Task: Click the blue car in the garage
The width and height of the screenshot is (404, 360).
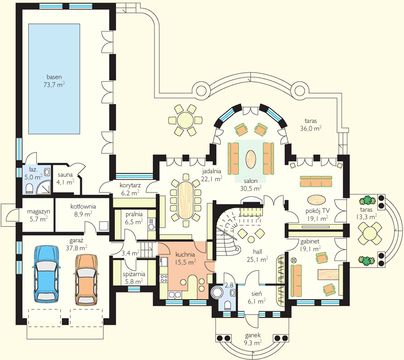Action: point(46,274)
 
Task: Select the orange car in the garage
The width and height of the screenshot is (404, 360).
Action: point(87,279)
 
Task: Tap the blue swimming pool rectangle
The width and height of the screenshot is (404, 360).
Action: point(54,79)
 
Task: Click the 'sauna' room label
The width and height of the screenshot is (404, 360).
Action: point(65,175)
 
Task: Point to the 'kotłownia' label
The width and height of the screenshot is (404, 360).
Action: point(83,206)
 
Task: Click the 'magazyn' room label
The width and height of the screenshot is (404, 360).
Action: point(38,212)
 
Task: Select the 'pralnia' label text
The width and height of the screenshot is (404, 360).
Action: point(134,215)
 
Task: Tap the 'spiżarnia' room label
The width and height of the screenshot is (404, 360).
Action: point(134,274)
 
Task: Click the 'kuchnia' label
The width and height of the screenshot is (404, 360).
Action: point(185,255)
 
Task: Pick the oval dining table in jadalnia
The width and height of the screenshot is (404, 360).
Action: point(185,201)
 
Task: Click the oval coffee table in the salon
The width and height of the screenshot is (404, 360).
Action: point(251,159)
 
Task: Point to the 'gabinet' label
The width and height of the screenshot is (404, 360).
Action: point(310,242)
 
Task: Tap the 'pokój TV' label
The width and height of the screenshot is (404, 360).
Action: point(317,211)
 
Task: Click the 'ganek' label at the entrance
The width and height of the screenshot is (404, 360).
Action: point(253,335)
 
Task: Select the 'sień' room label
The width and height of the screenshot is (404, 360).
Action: point(257,294)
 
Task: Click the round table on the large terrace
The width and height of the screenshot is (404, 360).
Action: point(185,120)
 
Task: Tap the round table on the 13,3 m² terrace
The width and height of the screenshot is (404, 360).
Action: point(370,234)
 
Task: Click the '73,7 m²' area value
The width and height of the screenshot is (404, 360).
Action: point(54,85)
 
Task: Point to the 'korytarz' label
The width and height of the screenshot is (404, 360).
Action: point(130,186)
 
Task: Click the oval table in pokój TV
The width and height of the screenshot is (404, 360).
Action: point(316,200)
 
